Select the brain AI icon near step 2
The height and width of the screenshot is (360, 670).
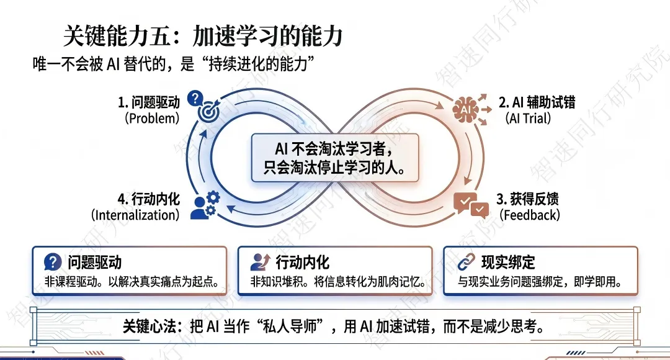coord(465,109)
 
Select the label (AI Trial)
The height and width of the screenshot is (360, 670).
coord(528,118)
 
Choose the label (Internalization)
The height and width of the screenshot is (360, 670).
coord(135,215)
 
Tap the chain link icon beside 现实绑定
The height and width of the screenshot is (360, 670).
coord(465,262)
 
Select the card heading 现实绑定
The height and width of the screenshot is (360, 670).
coord(508,262)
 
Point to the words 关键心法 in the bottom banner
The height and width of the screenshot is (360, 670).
coord(146,326)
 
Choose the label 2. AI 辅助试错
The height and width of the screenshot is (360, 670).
coord(537,101)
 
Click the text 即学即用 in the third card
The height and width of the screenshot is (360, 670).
coord(599,282)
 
